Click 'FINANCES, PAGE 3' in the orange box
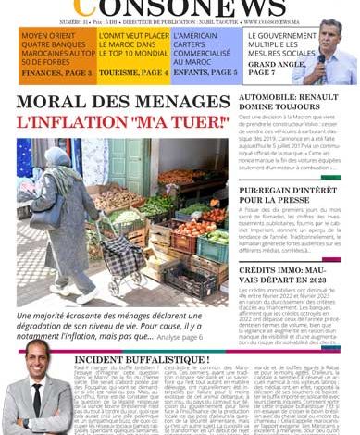click(x=55, y=72)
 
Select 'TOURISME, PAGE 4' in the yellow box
click(x=134, y=72)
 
